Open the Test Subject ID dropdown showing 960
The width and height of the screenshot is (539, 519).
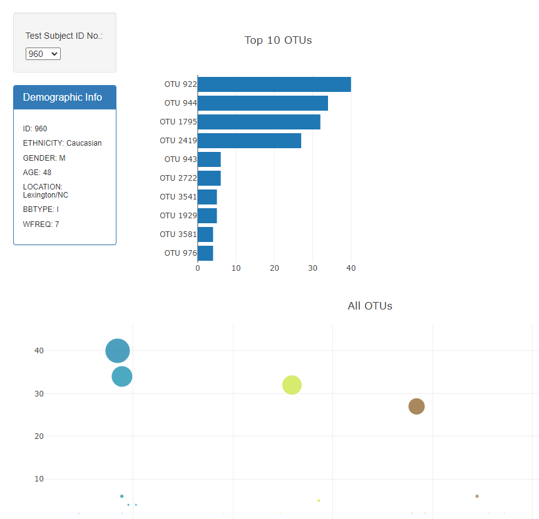[43, 54]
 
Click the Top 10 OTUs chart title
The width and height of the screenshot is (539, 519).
[278, 40]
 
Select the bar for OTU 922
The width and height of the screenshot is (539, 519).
[274, 84]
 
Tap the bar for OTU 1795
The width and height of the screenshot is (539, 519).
[259, 122]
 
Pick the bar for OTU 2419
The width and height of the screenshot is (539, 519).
[249, 141]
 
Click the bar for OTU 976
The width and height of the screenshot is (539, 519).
[205, 253]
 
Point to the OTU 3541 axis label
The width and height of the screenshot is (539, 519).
[178, 197]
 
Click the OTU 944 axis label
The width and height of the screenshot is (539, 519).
[180, 103]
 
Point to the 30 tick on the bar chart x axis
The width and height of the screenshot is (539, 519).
[274, 268]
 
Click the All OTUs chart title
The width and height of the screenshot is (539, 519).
[370, 306]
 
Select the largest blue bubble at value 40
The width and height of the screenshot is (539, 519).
[118, 351]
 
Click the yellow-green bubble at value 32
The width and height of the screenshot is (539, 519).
[292, 385]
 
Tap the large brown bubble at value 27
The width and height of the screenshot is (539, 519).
[416, 406]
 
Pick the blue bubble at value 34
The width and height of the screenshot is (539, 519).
[122, 376]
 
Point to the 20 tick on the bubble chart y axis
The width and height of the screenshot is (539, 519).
[39, 436]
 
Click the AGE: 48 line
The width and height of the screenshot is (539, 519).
[38, 173]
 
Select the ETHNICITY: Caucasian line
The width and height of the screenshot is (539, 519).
[62, 143]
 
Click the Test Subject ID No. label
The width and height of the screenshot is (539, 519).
[64, 36]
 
